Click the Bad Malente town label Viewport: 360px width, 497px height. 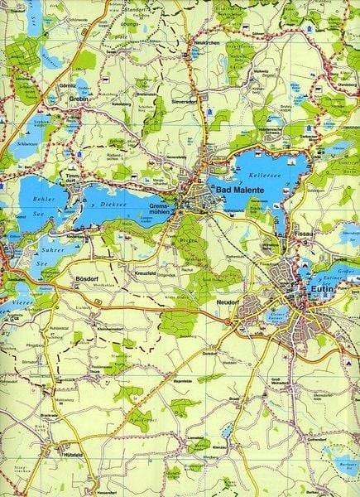click(x=236, y=191)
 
